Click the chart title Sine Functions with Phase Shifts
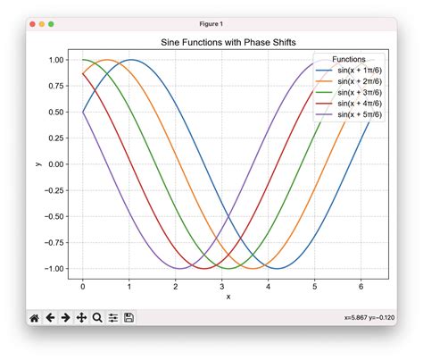pyautogui.click(x=228, y=42)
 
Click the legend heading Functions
pyautogui.click(x=348, y=58)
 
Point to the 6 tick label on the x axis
pyautogui.click(x=361, y=286)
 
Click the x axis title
pyautogui.click(x=228, y=297)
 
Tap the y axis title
pyautogui.click(x=37, y=164)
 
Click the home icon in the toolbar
pyautogui.click(x=34, y=317)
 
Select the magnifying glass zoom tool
pyautogui.click(x=97, y=317)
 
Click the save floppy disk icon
pyautogui.click(x=129, y=317)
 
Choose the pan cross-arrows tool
pyautogui.click(x=81, y=317)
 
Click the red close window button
pyautogui.click(x=33, y=24)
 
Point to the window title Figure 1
pyautogui.click(x=211, y=24)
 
